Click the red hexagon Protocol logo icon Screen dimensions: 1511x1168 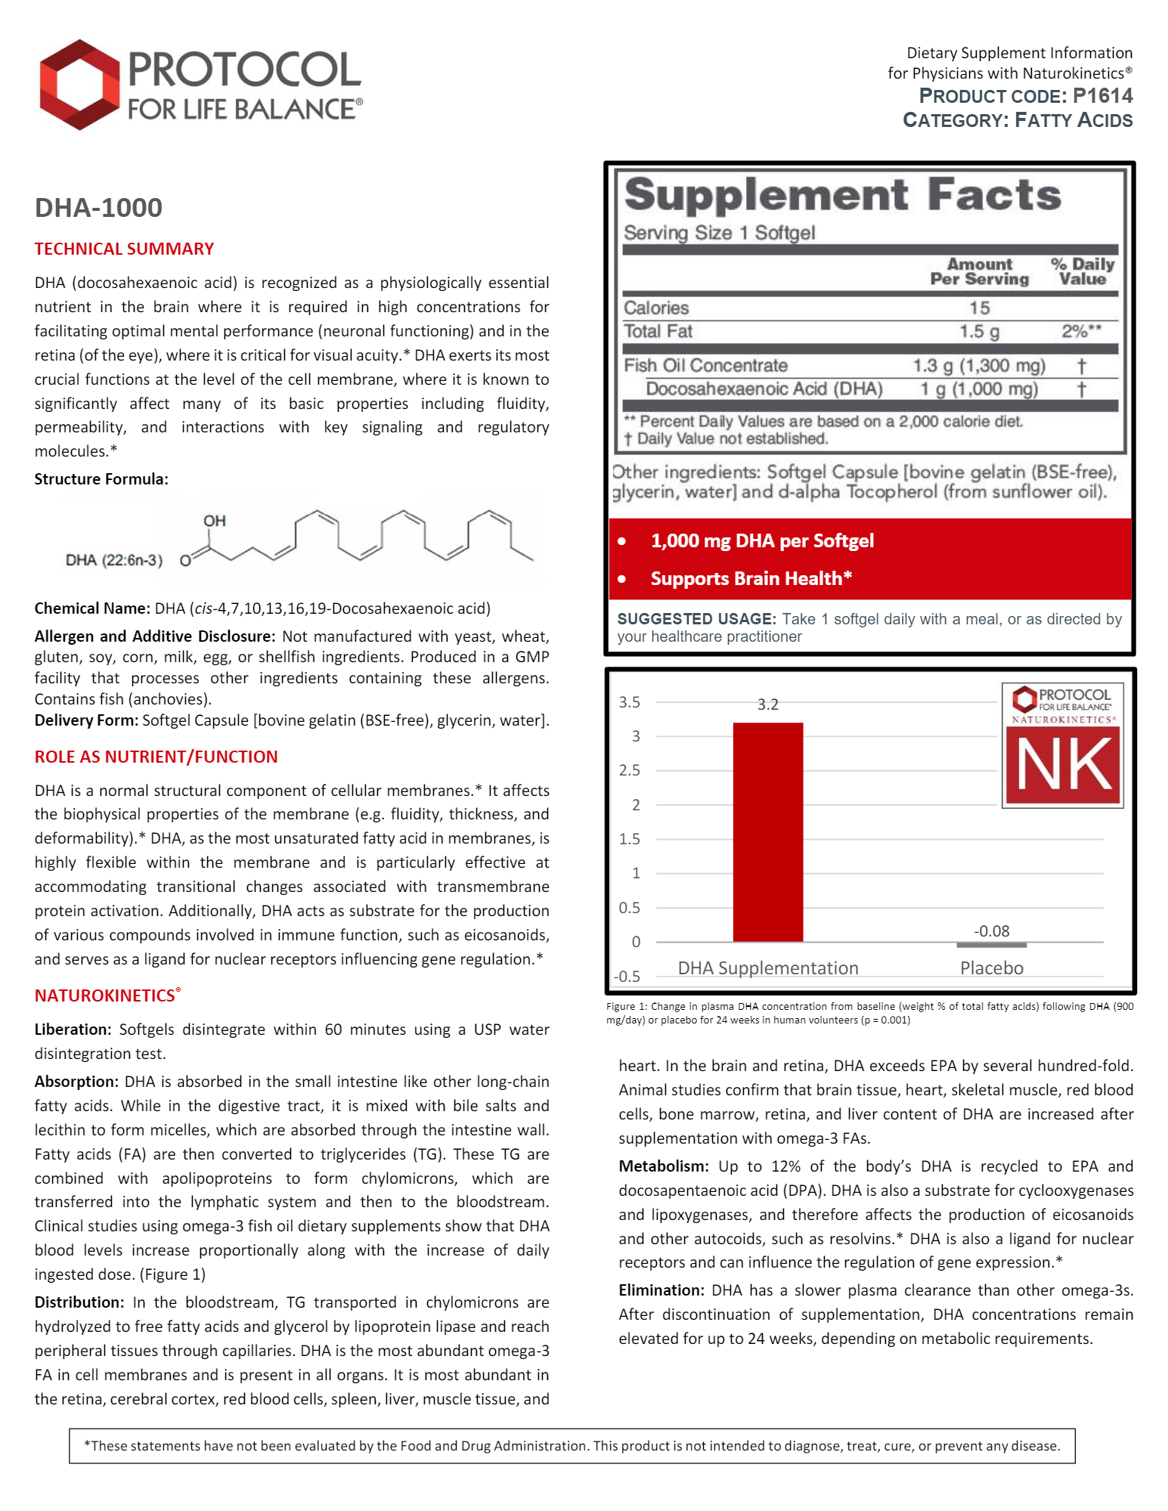pos(79,85)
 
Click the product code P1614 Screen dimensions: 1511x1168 pos(1102,96)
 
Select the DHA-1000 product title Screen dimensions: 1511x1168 pos(98,208)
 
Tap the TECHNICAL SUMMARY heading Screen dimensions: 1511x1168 pos(124,249)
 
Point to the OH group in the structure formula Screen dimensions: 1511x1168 pos(215,521)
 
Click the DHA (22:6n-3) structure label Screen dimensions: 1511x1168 pos(113,560)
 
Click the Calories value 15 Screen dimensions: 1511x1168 pos(979,308)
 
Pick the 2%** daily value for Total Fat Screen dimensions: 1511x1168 pos(1080,331)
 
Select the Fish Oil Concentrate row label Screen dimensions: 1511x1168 pos(705,366)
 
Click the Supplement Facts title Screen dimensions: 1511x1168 pos(842,195)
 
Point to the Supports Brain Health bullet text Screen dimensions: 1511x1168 pos(751,578)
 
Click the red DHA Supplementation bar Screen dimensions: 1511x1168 pos(767,831)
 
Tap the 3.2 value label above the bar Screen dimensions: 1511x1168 pos(767,704)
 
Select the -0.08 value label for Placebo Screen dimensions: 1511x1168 pos(991,931)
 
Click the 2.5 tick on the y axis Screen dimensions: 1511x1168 pos(630,770)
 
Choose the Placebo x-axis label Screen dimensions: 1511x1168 pos(991,968)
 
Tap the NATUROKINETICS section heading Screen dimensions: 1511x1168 pos(105,995)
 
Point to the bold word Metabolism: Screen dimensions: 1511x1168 pos(663,1166)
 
